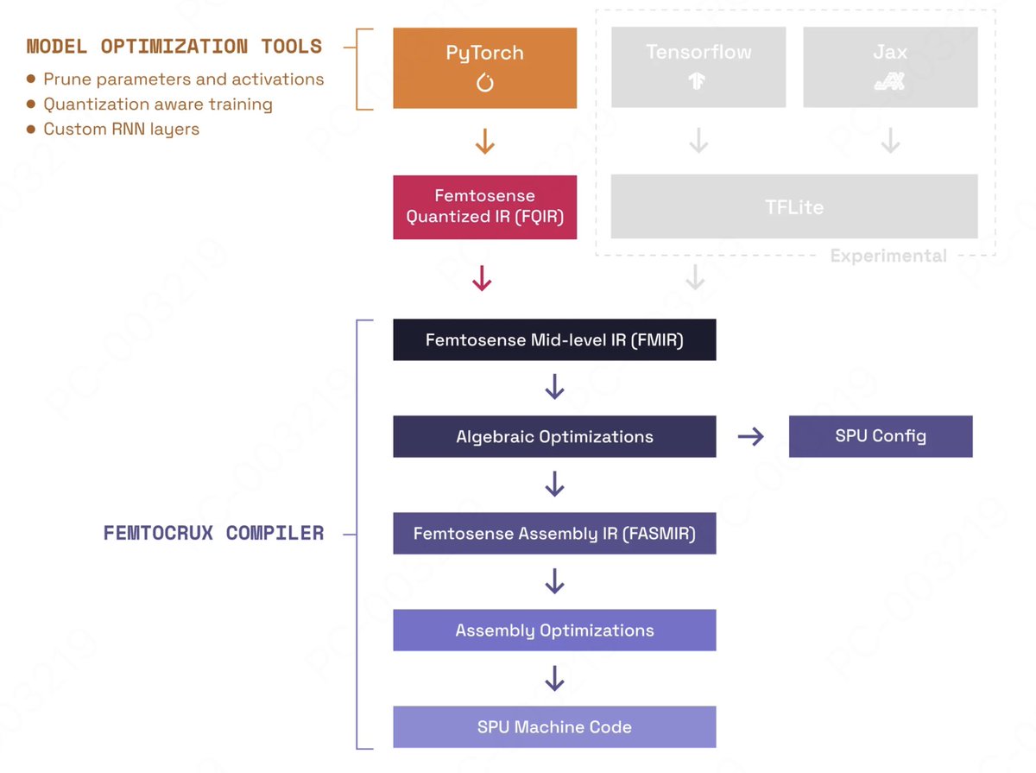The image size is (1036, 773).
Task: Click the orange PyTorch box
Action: coord(484,67)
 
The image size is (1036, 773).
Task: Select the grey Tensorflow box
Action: coord(698,67)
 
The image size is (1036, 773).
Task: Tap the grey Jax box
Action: coord(890,67)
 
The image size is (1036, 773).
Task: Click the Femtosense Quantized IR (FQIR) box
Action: coord(484,207)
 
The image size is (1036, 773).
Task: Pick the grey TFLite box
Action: coord(793,207)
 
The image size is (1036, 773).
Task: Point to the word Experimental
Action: coord(888,257)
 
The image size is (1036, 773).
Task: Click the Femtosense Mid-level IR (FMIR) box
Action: coord(554,340)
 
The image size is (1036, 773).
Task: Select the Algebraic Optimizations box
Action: coord(554,437)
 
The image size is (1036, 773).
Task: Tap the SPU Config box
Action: coord(881,436)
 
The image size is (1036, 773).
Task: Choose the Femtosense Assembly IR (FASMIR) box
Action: coord(554,534)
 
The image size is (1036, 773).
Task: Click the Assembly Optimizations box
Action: coord(554,630)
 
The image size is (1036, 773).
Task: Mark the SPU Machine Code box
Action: coord(554,727)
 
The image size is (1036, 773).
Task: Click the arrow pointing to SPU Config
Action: coord(751,437)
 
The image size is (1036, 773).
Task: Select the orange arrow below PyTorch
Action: coord(484,141)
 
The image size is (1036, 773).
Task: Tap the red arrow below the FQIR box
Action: coord(482,278)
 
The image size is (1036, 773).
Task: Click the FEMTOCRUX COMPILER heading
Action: coord(213,534)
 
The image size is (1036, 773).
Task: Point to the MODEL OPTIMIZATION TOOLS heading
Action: coord(174,47)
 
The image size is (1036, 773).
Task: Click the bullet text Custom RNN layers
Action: coord(121,130)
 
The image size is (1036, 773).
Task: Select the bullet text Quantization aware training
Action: coord(157,105)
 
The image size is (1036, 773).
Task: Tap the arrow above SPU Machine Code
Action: coord(554,679)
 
